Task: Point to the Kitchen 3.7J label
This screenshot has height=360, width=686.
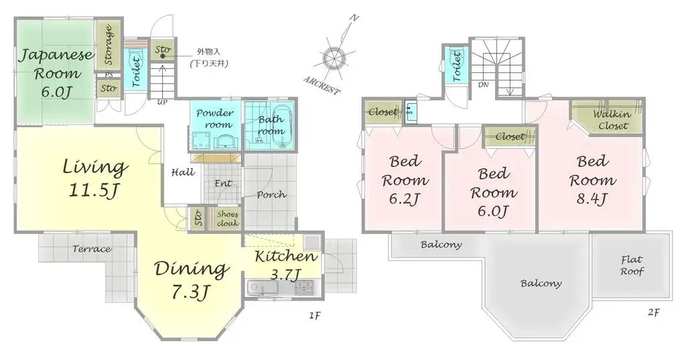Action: pos(285,264)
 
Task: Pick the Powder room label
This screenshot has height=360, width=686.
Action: pos(214,119)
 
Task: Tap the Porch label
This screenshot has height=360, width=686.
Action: pos(271,195)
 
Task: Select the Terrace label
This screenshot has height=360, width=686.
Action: pos(92,249)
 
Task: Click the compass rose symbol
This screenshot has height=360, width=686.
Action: pos(334,58)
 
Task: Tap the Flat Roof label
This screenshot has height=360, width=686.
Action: pos(631,265)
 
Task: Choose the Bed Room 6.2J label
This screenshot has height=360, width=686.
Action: pos(405,180)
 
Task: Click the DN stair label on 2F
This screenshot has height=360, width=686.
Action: pos(483,85)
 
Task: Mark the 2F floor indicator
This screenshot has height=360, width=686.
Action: pos(654,312)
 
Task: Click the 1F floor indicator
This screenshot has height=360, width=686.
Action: pos(314,315)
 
